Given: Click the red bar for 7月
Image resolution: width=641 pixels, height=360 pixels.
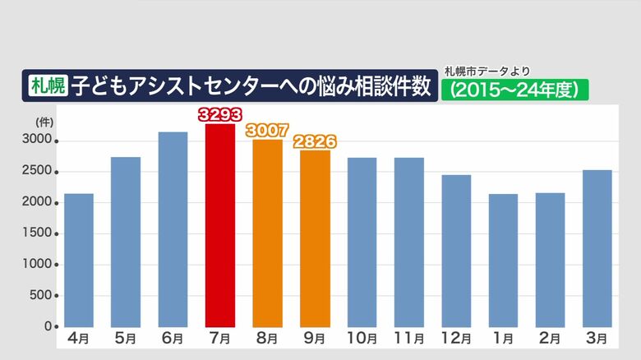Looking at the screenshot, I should pos(220,226).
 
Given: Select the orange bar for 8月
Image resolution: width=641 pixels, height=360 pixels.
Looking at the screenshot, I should pos(267,233).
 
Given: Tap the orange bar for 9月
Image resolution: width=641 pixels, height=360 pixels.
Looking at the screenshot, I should pos(315,238).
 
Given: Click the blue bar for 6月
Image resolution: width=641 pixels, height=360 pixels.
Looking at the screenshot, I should pos(173,229).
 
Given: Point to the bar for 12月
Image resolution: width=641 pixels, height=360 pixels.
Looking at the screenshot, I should pos(456,251).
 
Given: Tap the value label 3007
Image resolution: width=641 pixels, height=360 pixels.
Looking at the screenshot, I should pos(267,130).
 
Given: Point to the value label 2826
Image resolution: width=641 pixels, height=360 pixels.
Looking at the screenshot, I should pos(315,141).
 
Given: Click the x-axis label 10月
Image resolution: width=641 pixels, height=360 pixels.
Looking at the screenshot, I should pos(362,338).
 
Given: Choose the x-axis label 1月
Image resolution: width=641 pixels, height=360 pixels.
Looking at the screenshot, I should pos(504,338).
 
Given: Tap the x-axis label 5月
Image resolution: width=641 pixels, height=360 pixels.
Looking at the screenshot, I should pos(126,338).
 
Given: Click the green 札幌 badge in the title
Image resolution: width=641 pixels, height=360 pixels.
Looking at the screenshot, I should pos(47,85).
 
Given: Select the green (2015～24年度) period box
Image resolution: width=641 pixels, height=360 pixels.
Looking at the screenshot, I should pos(515,89).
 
